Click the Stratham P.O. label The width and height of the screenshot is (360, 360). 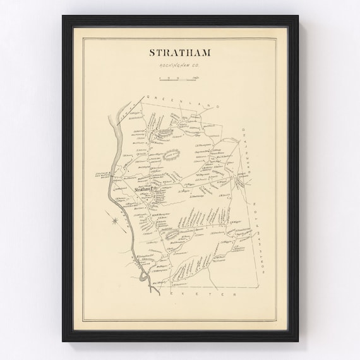point(140,188)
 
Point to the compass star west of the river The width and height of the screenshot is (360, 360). point(113,221)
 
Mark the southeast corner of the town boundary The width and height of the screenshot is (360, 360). point(259,287)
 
